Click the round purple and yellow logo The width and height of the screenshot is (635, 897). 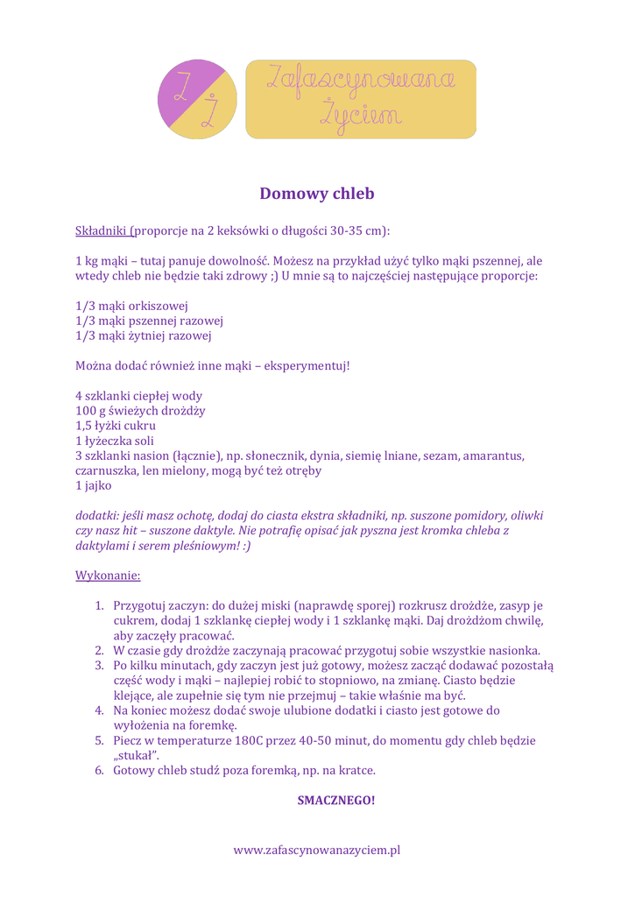[198, 99]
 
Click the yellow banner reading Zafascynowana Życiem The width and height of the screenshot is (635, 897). [360, 99]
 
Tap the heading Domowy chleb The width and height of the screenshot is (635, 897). [317, 194]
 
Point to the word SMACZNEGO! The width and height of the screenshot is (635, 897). [336, 800]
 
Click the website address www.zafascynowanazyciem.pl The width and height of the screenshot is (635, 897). [317, 850]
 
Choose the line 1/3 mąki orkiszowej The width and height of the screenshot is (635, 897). [132, 306]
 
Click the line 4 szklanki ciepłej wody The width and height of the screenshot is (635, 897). [139, 396]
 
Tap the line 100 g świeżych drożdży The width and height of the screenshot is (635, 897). [141, 411]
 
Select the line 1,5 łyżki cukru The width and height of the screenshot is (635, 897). [116, 426]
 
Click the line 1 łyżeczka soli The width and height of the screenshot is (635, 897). [115, 441]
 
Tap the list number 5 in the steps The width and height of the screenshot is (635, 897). [100, 741]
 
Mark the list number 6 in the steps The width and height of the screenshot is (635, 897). [100, 771]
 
